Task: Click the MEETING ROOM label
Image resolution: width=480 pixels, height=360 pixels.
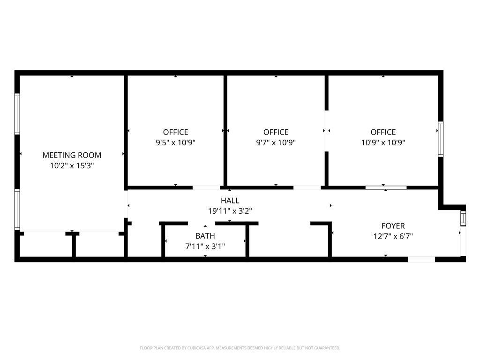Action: coord(72,155)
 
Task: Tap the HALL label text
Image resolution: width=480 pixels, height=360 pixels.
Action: coord(230,201)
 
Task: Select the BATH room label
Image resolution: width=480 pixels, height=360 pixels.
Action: coord(205,236)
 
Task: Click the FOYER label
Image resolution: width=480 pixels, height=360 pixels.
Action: coord(393,226)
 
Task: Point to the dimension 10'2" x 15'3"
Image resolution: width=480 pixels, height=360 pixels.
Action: coord(72,165)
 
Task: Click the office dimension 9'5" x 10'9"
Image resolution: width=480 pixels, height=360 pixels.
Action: coord(175,142)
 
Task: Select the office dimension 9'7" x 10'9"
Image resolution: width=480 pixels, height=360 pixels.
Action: coord(276,142)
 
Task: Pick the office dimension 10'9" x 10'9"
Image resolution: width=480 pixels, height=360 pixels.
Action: coord(383,142)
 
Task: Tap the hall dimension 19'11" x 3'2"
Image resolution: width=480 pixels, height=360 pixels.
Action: coord(230,211)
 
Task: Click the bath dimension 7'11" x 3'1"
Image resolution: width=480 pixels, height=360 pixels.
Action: coord(205,247)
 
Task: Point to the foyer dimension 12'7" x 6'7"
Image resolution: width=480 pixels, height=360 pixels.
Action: coord(393,236)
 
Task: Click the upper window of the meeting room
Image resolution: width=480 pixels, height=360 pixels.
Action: coord(17,114)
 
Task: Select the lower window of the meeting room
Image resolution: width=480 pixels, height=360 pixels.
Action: coord(17,210)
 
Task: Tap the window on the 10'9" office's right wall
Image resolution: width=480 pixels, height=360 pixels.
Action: coord(441,139)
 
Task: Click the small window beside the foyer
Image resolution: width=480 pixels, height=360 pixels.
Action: coord(463,218)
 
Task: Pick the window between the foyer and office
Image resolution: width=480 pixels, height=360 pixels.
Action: coord(386,187)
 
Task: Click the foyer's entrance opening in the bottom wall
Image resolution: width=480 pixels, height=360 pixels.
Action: coord(421,260)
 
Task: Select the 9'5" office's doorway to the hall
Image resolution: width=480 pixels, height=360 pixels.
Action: coord(206,187)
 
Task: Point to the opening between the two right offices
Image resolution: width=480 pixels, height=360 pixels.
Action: coord(327,131)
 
